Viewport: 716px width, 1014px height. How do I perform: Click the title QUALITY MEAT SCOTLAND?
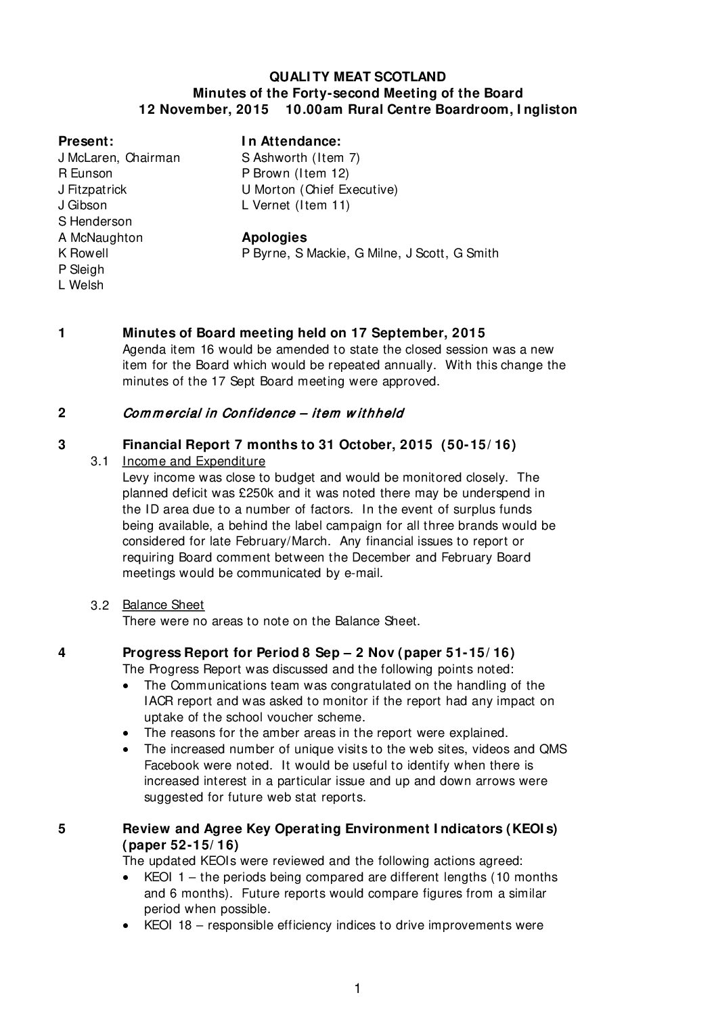[357, 77]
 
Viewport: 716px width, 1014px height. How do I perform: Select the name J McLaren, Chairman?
[119, 158]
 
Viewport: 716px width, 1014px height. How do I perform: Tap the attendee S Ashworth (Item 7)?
[300, 158]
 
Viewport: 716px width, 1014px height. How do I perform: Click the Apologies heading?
[274, 238]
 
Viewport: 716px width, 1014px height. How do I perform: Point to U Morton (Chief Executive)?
[319, 190]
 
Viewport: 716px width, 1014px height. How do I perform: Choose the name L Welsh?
[81, 285]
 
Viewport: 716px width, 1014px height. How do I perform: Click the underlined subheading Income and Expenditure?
[194, 462]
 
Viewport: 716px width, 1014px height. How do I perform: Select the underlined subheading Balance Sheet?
[163, 605]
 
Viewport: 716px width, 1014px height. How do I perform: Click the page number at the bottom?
[357, 989]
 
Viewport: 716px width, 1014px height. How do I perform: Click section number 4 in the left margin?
[62, 653]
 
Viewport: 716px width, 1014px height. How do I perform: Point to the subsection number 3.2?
[100, 606]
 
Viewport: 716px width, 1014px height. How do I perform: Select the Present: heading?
[85, 142]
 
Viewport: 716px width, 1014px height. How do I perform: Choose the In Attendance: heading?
[291, 142]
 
